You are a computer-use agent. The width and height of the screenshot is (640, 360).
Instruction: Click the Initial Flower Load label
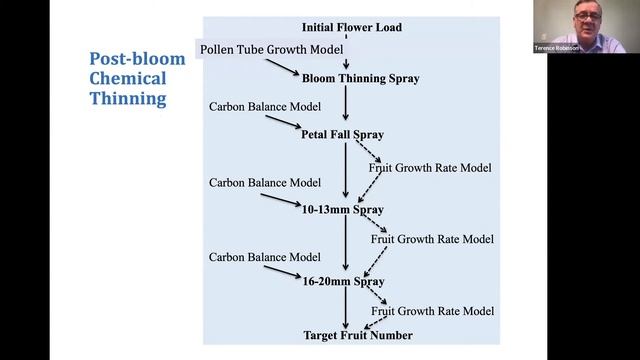[x=351, y=27]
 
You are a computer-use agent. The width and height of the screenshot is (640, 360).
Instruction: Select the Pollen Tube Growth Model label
[x=272, y=49]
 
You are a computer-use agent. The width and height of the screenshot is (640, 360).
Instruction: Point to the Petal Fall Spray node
[x=342, y=134]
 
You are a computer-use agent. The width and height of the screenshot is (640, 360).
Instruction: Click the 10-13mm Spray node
[x=343, y=210]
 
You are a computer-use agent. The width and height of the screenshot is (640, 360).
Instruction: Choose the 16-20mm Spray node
[x=344, y=283]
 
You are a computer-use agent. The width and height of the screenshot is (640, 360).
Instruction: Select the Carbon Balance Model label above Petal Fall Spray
[x=265, y=106]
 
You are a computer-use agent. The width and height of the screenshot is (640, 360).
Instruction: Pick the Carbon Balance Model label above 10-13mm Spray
[x=265, y=183]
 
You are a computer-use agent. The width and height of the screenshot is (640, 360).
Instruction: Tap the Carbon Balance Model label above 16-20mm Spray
[x=265, y=258]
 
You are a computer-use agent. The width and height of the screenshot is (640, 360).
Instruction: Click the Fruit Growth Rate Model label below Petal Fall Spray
[x=430, y=167]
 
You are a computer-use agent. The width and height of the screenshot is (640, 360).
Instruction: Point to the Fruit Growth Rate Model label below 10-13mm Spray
[x=433, y=239]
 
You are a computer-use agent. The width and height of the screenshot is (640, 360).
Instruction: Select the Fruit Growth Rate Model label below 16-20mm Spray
[x=433, y=312]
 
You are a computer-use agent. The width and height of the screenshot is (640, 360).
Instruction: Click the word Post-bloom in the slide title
[x=137, y=59]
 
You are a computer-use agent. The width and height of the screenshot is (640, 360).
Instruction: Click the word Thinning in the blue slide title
[x=128, y=99]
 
